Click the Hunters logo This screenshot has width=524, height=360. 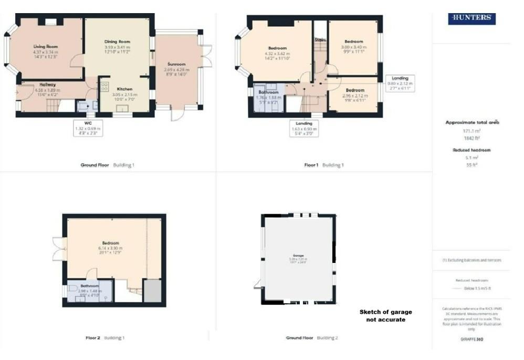(471, 18)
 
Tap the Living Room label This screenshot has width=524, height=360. (45, 47)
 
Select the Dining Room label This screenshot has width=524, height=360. (117, 41)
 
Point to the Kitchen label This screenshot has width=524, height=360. (124, 89)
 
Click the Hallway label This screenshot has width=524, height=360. (47, 84)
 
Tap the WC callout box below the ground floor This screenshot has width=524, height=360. (87, 129)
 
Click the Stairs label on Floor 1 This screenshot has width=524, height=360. (320, 40)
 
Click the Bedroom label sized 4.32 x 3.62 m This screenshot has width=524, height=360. (277, 48)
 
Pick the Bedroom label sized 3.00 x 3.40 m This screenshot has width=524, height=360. (354, 41)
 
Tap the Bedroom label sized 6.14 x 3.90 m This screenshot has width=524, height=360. (111, 243)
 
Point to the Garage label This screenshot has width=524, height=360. (297, 255)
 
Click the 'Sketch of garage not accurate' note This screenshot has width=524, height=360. (382, 315)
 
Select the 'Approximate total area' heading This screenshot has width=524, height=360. (472, 122)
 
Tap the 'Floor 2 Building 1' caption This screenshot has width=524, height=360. (105, 338)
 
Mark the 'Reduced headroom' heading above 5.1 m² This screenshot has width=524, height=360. (471, 150)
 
